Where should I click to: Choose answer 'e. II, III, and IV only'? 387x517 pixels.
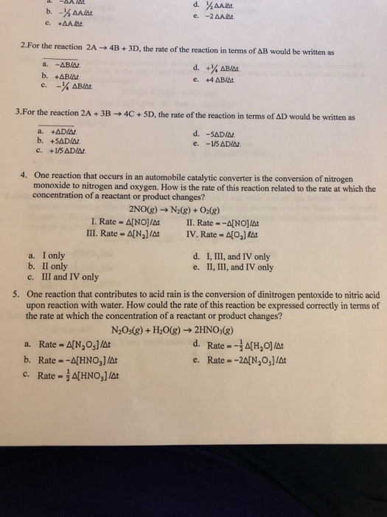pos(232,267)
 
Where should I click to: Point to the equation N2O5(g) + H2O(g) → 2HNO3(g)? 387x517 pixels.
pos(175,329)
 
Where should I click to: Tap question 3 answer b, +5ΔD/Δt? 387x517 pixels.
pos(59,142)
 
